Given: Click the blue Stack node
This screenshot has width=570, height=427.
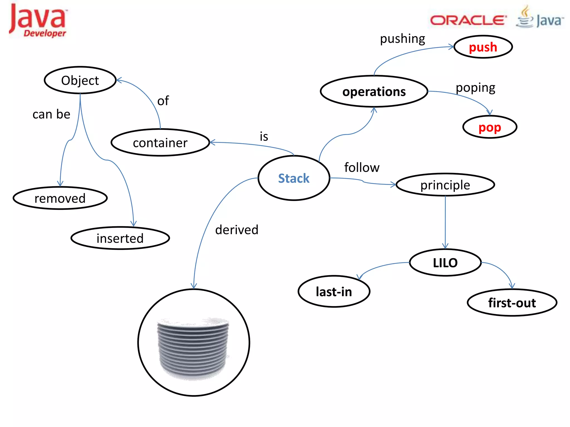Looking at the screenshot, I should pos(294,178).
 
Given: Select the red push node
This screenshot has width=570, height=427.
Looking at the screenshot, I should pos(483,47).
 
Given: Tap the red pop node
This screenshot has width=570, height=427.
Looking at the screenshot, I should pos(490,127).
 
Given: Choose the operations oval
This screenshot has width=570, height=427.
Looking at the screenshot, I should pos(374,91).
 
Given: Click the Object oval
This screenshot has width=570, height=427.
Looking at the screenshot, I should pos(80,80).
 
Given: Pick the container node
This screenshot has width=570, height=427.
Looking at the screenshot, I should pos(160,143).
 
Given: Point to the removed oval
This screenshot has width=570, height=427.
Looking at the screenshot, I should pos(60,198).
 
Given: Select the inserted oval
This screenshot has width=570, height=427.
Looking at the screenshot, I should pos(120,238).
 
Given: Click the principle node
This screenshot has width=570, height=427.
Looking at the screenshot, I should pos(445,185).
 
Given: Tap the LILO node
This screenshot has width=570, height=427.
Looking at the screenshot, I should pos(445,263).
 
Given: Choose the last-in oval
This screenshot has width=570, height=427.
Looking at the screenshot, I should pos(334,292).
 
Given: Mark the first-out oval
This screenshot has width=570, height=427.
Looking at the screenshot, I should pos(512,303).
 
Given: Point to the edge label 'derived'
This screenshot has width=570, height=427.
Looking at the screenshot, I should pos(237,230).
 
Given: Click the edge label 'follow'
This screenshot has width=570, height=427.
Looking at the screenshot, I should pos(362,168).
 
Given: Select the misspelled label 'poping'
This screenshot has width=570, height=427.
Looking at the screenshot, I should pos(475,88).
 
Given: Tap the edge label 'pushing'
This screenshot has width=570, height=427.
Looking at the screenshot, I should pos(402,39).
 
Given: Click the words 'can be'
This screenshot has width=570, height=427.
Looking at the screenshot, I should pos(51,114).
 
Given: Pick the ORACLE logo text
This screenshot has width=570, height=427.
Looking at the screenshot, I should pos(468,20).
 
